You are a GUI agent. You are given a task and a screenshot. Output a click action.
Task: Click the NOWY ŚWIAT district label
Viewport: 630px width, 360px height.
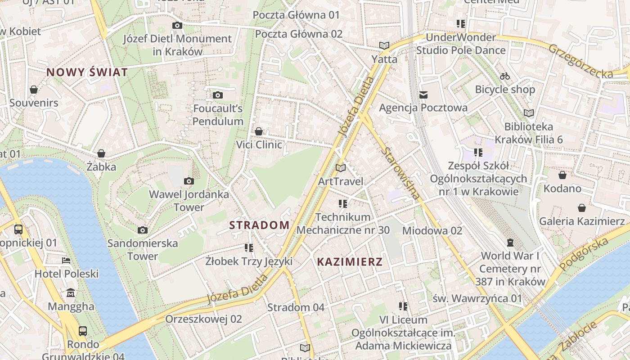pos(87,72)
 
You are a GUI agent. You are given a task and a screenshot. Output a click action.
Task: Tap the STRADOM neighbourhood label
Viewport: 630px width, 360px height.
pos(260,225)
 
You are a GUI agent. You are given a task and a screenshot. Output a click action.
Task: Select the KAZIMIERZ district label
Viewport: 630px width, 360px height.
pos(350,261)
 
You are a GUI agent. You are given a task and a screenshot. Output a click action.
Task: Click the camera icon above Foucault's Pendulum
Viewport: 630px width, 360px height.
pos(218,95)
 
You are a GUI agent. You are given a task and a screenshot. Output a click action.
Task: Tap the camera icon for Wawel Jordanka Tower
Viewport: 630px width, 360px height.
pos(189,181)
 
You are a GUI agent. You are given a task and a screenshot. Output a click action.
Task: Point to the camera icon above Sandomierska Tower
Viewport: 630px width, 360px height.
pos(143,230)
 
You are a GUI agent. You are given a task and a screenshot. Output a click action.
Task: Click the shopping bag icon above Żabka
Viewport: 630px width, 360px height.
pos(101,154)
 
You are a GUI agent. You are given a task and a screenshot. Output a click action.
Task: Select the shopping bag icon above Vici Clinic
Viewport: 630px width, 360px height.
pos(259,131)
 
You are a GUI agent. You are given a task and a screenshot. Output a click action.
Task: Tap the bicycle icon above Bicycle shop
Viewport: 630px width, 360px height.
pos(505,76)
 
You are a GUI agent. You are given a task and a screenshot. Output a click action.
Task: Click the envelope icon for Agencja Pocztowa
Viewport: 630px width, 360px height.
pos(423,95)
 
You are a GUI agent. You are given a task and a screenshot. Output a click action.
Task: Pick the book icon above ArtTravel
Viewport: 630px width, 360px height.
pos(341,168)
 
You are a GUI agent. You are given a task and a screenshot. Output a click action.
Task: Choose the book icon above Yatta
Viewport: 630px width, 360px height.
pos(384,46)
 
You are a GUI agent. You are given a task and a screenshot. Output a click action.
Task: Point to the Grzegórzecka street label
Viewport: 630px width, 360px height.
pos(580,61)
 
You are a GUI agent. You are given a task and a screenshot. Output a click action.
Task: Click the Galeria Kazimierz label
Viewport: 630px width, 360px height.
pos(582,221)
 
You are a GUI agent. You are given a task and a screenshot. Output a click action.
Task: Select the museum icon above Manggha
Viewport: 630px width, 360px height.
pos(71,293)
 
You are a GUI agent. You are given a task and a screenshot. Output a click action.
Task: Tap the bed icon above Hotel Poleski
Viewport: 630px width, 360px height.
pos(66,261)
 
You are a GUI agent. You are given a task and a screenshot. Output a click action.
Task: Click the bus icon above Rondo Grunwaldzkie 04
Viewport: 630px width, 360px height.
pos(83,331)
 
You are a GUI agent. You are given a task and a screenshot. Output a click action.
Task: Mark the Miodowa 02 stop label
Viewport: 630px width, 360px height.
pos(432,231)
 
